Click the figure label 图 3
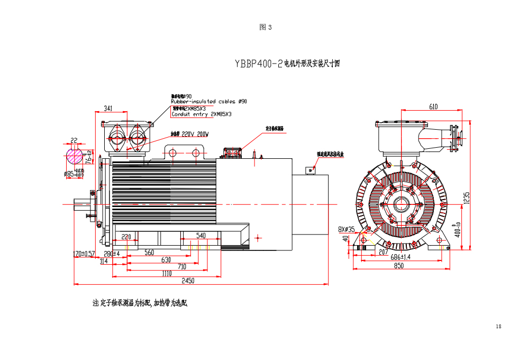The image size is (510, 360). coord(266,27)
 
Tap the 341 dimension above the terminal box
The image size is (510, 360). coord(108,108)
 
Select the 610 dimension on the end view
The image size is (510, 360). coord(433,106)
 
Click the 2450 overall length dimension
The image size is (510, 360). coord(188,281)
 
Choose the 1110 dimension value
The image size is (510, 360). coord(166,274)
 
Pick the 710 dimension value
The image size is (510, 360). coord(167,267)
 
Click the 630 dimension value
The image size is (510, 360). coord(166,260)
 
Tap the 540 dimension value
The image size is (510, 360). coord(201,235)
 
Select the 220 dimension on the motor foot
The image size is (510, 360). coord(126,237)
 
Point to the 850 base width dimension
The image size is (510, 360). coord(399,266)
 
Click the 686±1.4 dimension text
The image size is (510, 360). coord(400,258)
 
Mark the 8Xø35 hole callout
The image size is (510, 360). coord(347,229)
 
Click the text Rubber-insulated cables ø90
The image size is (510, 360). coord(208,101)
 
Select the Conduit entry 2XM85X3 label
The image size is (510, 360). coord(202,114)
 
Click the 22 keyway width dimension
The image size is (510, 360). coord(74,140)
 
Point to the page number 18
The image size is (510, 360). coord(498,326)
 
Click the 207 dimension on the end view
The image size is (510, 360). coord(384,252)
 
